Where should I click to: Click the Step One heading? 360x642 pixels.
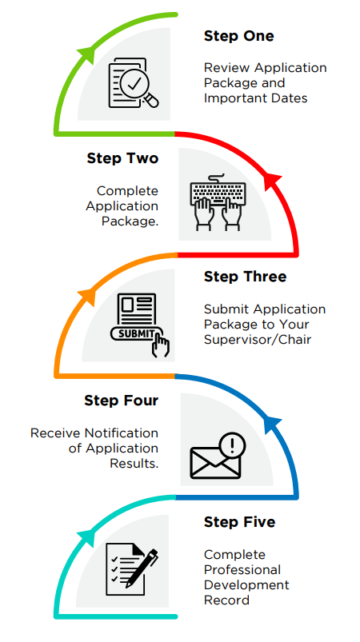coord(238,36)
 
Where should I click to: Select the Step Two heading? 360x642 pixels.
coord(122,158)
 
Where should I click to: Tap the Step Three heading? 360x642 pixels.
coord(245,277)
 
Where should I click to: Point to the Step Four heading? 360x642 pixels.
coord(122,401)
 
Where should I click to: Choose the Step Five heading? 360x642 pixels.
coord(239,522)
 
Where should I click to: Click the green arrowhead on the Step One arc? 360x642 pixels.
coord(87,54)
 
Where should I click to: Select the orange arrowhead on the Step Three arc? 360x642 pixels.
coord(87,296)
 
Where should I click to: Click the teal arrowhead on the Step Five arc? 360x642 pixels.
coord(86,536)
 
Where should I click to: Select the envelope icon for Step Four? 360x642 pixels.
coord(214,462)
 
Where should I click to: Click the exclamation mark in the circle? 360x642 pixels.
coord(232,445)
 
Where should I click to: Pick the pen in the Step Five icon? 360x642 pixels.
coord(142,568)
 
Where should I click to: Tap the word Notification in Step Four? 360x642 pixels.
coord(122,433)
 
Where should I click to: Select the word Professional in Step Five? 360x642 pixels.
coord(242,569)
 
